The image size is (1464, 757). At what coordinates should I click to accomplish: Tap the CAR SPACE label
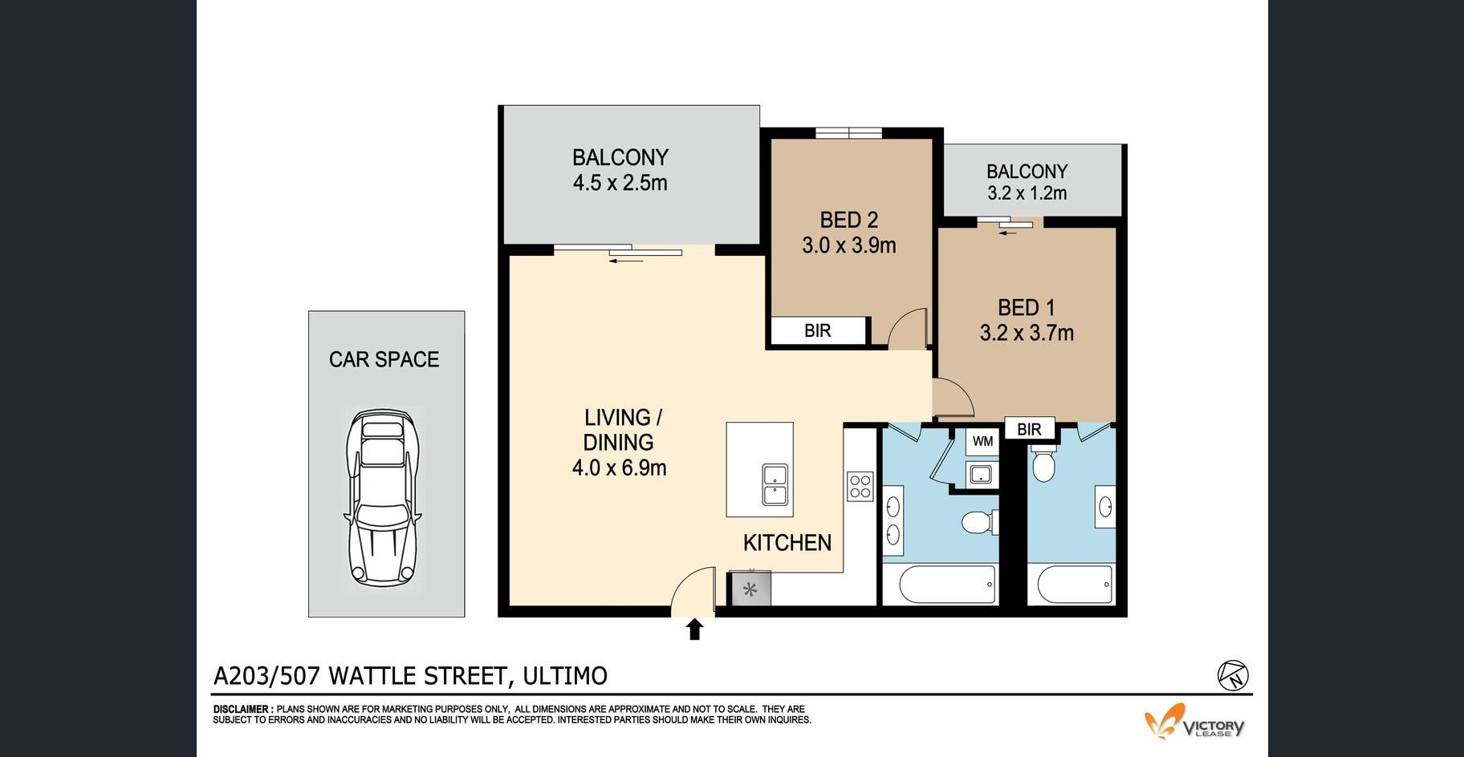[384, 359]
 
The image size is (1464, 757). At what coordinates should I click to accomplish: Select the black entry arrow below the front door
[695, 629]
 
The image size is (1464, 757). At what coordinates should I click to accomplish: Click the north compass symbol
[1233, 675]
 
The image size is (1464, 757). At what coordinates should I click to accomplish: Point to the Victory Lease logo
[1194, 722]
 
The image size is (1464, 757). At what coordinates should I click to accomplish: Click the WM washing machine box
[982, 441]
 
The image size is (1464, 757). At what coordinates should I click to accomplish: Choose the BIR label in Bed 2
[818, 330]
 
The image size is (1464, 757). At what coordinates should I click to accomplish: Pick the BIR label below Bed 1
[1029, 429]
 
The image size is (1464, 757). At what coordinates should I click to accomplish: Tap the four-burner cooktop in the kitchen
[860, 486]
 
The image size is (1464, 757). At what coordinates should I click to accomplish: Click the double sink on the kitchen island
[775, 484]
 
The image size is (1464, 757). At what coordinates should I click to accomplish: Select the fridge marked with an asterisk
[750, 589]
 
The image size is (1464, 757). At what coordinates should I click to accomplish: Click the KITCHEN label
[787, 543]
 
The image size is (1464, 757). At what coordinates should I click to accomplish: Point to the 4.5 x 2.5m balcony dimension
[620, 183]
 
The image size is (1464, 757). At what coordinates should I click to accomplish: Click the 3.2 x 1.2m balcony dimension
[1027, 193]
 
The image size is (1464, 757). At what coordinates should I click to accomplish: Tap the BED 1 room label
[1027, 307]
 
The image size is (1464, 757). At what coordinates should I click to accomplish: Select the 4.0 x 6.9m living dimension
[619, 468]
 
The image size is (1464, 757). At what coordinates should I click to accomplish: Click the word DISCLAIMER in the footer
[242, 710]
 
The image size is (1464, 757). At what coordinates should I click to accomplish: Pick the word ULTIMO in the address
[565, 676]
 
